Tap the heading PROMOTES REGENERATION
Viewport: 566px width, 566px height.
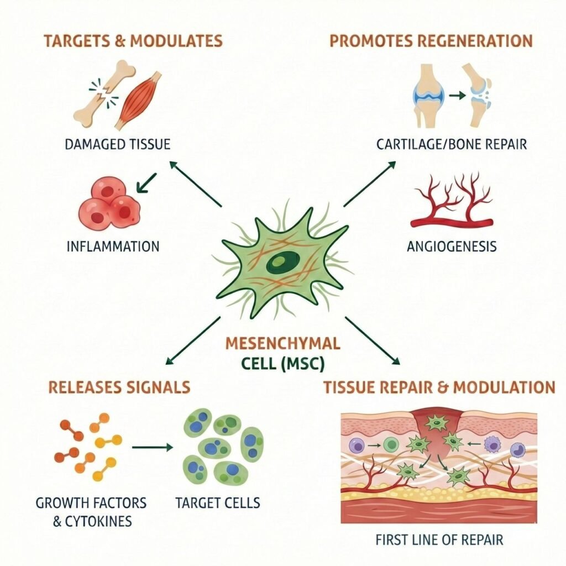click(x=431, y=41)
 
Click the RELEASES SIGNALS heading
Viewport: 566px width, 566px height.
click(x=119, y=386)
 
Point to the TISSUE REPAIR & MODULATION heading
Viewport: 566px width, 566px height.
click(x=439, y=386)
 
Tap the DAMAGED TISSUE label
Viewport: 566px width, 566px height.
click(x=117, y=145)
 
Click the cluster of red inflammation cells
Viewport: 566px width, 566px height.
click(x=109, y=204)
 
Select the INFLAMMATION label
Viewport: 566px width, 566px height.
click(x=113, y=245)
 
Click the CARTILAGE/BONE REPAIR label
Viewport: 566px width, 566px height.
click(x=452, y=145)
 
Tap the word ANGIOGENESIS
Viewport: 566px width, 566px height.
click(x=452, y=245)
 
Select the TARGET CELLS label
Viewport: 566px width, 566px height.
click(x=217, y=503)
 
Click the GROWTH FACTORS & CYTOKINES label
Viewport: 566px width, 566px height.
click(x=91, y=511)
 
